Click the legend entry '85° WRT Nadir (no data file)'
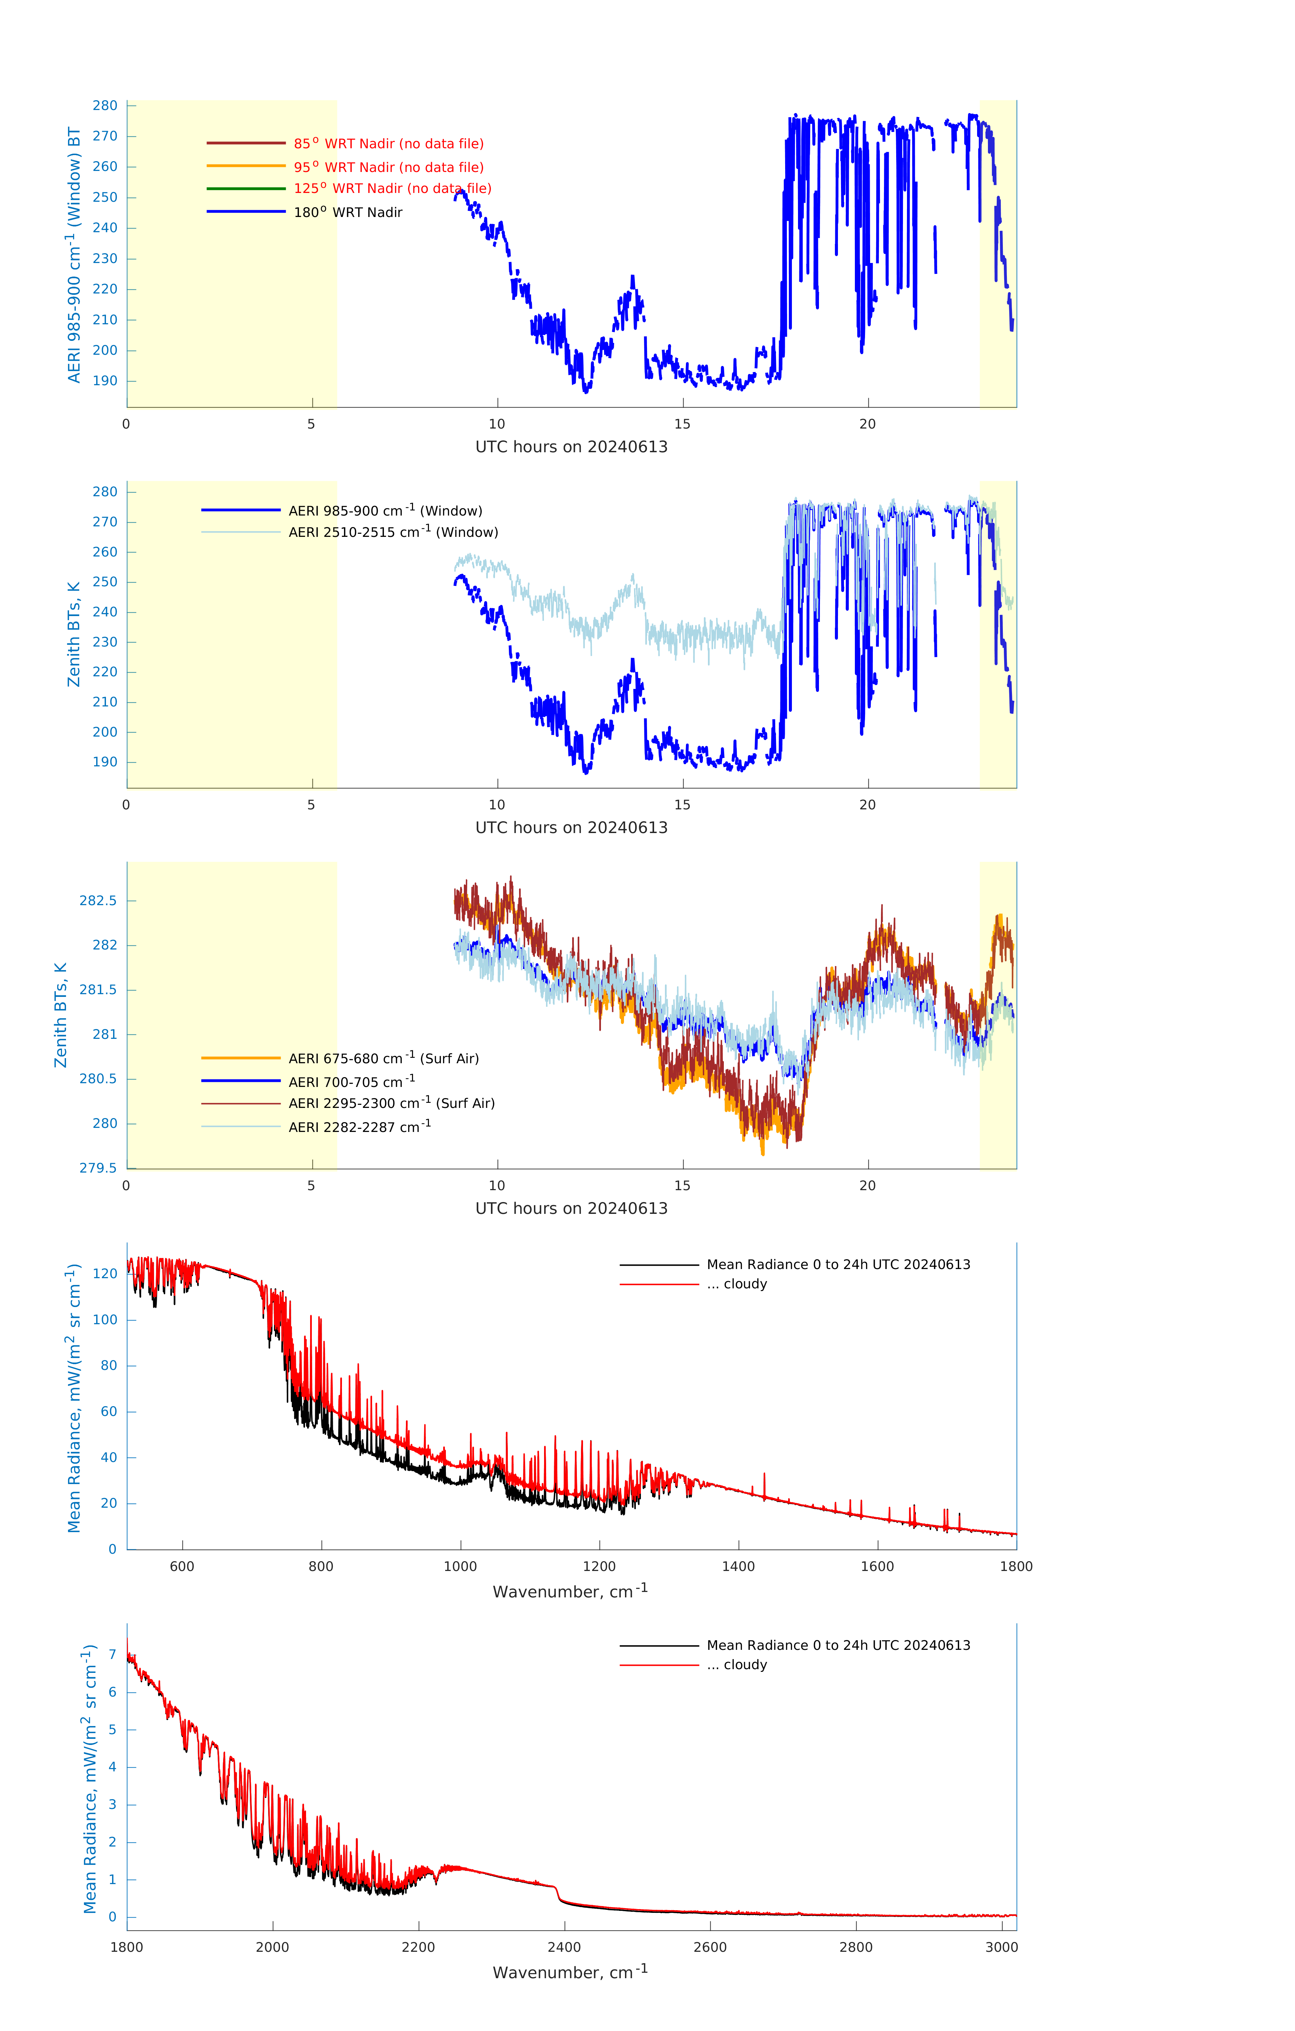pyautogui.click(x=388, y=144)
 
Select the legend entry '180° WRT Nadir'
pyautogui.click(x=348, y=213)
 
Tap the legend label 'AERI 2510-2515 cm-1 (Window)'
pyautogui.click(x=393, y=532)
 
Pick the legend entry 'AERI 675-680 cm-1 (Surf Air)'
pyautogui.click(x=383, y=1058)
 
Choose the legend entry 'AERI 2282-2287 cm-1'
pyautogui.click(x=360, y=1127)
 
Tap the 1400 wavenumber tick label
pyautogui.click(x=738, y=1566)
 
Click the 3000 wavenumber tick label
pyautogui.click(x=1001, y=1947)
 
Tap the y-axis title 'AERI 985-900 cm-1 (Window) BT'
pyautogui.click(x=74, y=255)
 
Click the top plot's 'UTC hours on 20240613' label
pyautogui.click(x=571, y=447)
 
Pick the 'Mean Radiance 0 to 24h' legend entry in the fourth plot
pyautogui.click(x=838, y=1264)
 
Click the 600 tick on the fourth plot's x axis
pyautogui.click(x=182, y=1566)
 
